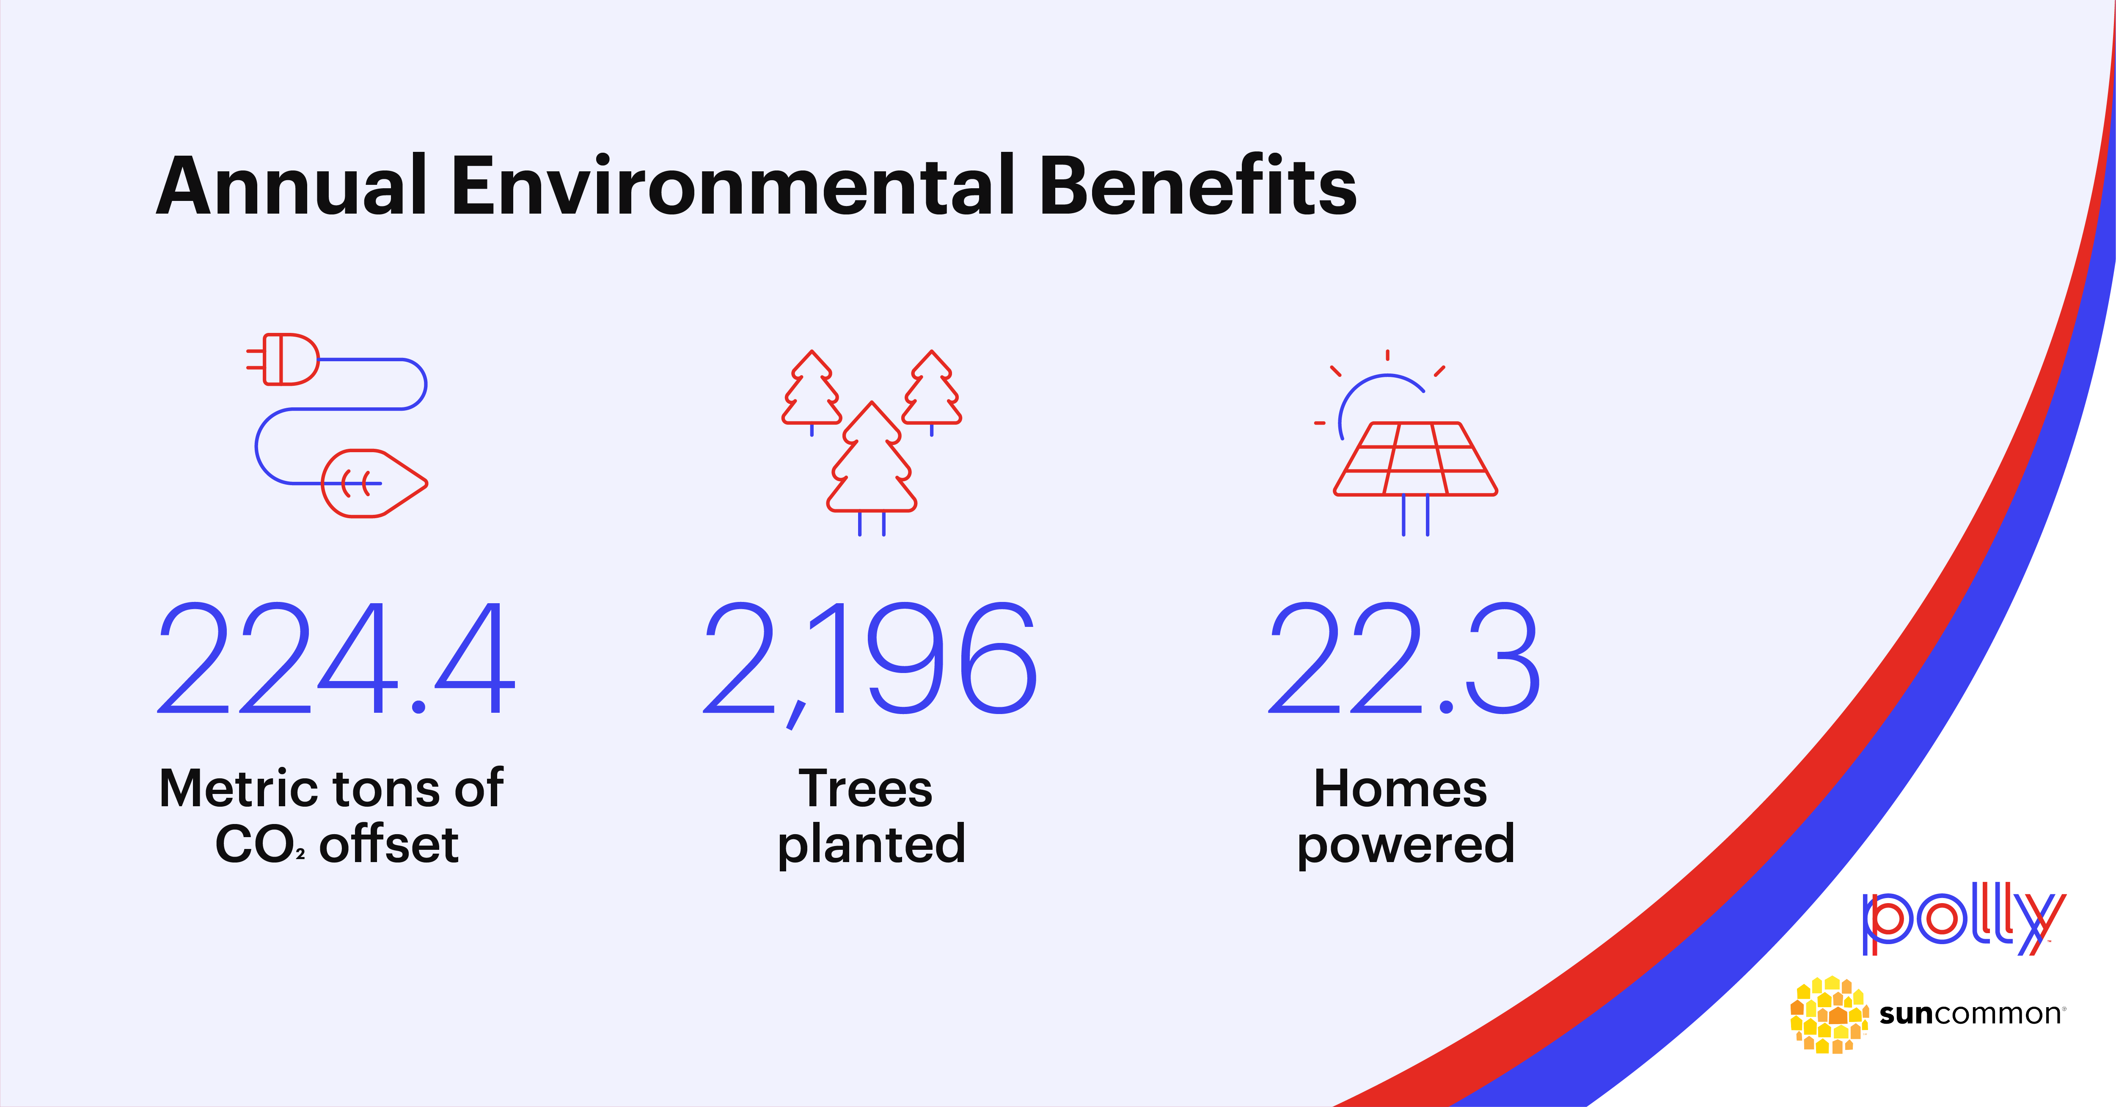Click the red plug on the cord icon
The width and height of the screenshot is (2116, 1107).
tap(283, 359)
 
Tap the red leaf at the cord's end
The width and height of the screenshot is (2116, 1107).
tap(374, 483)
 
